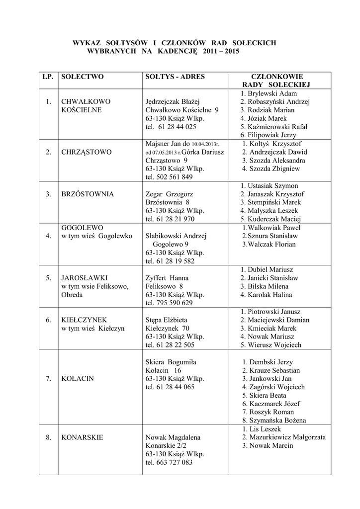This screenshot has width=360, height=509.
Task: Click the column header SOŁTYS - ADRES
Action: pos(175,77)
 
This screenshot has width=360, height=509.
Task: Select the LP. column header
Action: pos(48,77)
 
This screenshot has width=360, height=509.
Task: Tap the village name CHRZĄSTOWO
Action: pos(86,152)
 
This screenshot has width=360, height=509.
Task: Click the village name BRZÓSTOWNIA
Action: pos(88,194)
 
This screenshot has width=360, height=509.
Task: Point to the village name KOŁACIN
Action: pos(78,379)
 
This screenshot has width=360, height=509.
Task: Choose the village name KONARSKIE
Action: pos(82,437)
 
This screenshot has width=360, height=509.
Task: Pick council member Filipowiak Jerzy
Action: pos(268,135)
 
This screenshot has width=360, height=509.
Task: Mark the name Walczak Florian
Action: pos(269,244)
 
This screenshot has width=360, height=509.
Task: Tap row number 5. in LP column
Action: pos(48,278)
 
